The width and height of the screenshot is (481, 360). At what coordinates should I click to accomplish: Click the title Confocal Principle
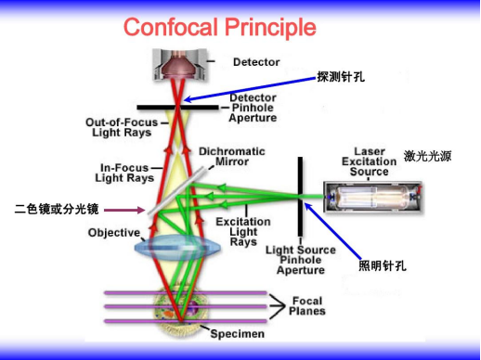[x=219, y=27]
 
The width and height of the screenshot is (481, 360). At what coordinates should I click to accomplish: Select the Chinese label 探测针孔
[x=341, y=78]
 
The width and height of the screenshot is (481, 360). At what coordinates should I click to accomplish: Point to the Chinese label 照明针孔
[x=383, y=267]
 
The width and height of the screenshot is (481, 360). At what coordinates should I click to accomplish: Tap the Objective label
[x=113, y=233]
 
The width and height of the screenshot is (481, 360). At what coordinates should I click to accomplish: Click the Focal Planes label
[x=306, y=305]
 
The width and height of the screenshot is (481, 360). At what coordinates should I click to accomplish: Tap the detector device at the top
[x=181, y=64]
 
